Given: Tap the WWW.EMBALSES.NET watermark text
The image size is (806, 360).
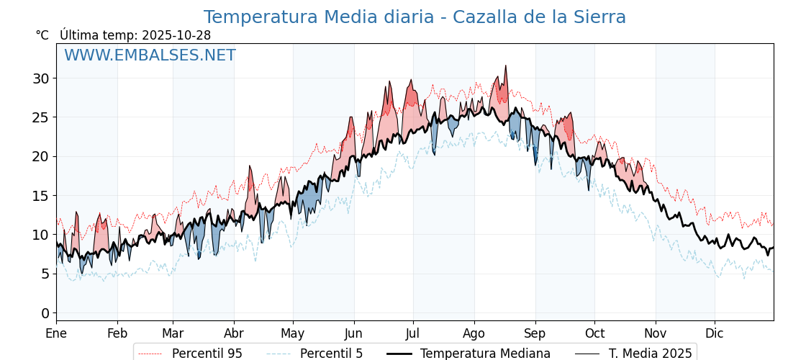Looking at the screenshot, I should [150, 55].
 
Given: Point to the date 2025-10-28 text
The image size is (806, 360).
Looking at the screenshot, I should [176, 35].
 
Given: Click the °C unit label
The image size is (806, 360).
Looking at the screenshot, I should [42, 35].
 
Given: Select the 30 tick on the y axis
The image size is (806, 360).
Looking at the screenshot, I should [40, 78].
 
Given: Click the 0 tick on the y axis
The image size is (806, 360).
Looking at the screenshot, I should [45, 313].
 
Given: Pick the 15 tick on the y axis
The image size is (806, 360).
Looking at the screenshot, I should [40, 196].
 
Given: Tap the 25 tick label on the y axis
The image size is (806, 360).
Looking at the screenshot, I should [40, 117].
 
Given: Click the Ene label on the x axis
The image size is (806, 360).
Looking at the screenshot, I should [56, 333].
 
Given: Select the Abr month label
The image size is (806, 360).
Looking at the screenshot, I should [234, 333].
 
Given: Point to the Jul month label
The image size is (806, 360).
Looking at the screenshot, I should [413, 333].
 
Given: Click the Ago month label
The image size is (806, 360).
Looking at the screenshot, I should [474, 333].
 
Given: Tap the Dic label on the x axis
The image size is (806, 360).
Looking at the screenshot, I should [715, 333].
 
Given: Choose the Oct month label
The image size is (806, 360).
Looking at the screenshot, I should [594, 333].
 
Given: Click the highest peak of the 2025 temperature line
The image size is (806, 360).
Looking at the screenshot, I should [505, 66].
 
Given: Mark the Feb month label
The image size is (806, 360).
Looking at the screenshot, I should [117, 333].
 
